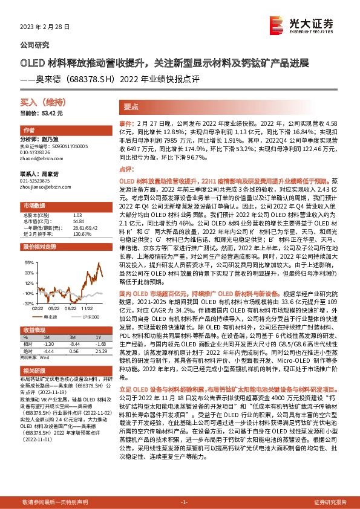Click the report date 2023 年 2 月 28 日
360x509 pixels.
(x=45, y=28)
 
